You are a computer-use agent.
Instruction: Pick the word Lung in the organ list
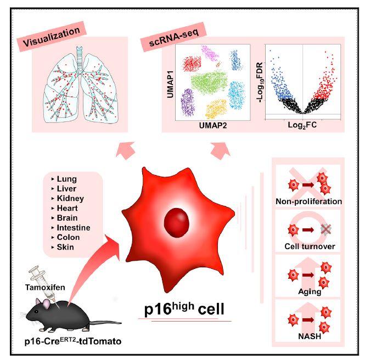pyautogui.click(x=66, y=179)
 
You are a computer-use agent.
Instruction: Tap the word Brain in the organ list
pyautogui.click(x=68, y=217)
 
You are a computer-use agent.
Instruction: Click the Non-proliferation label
pyautogui.click(x=309, y=201)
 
